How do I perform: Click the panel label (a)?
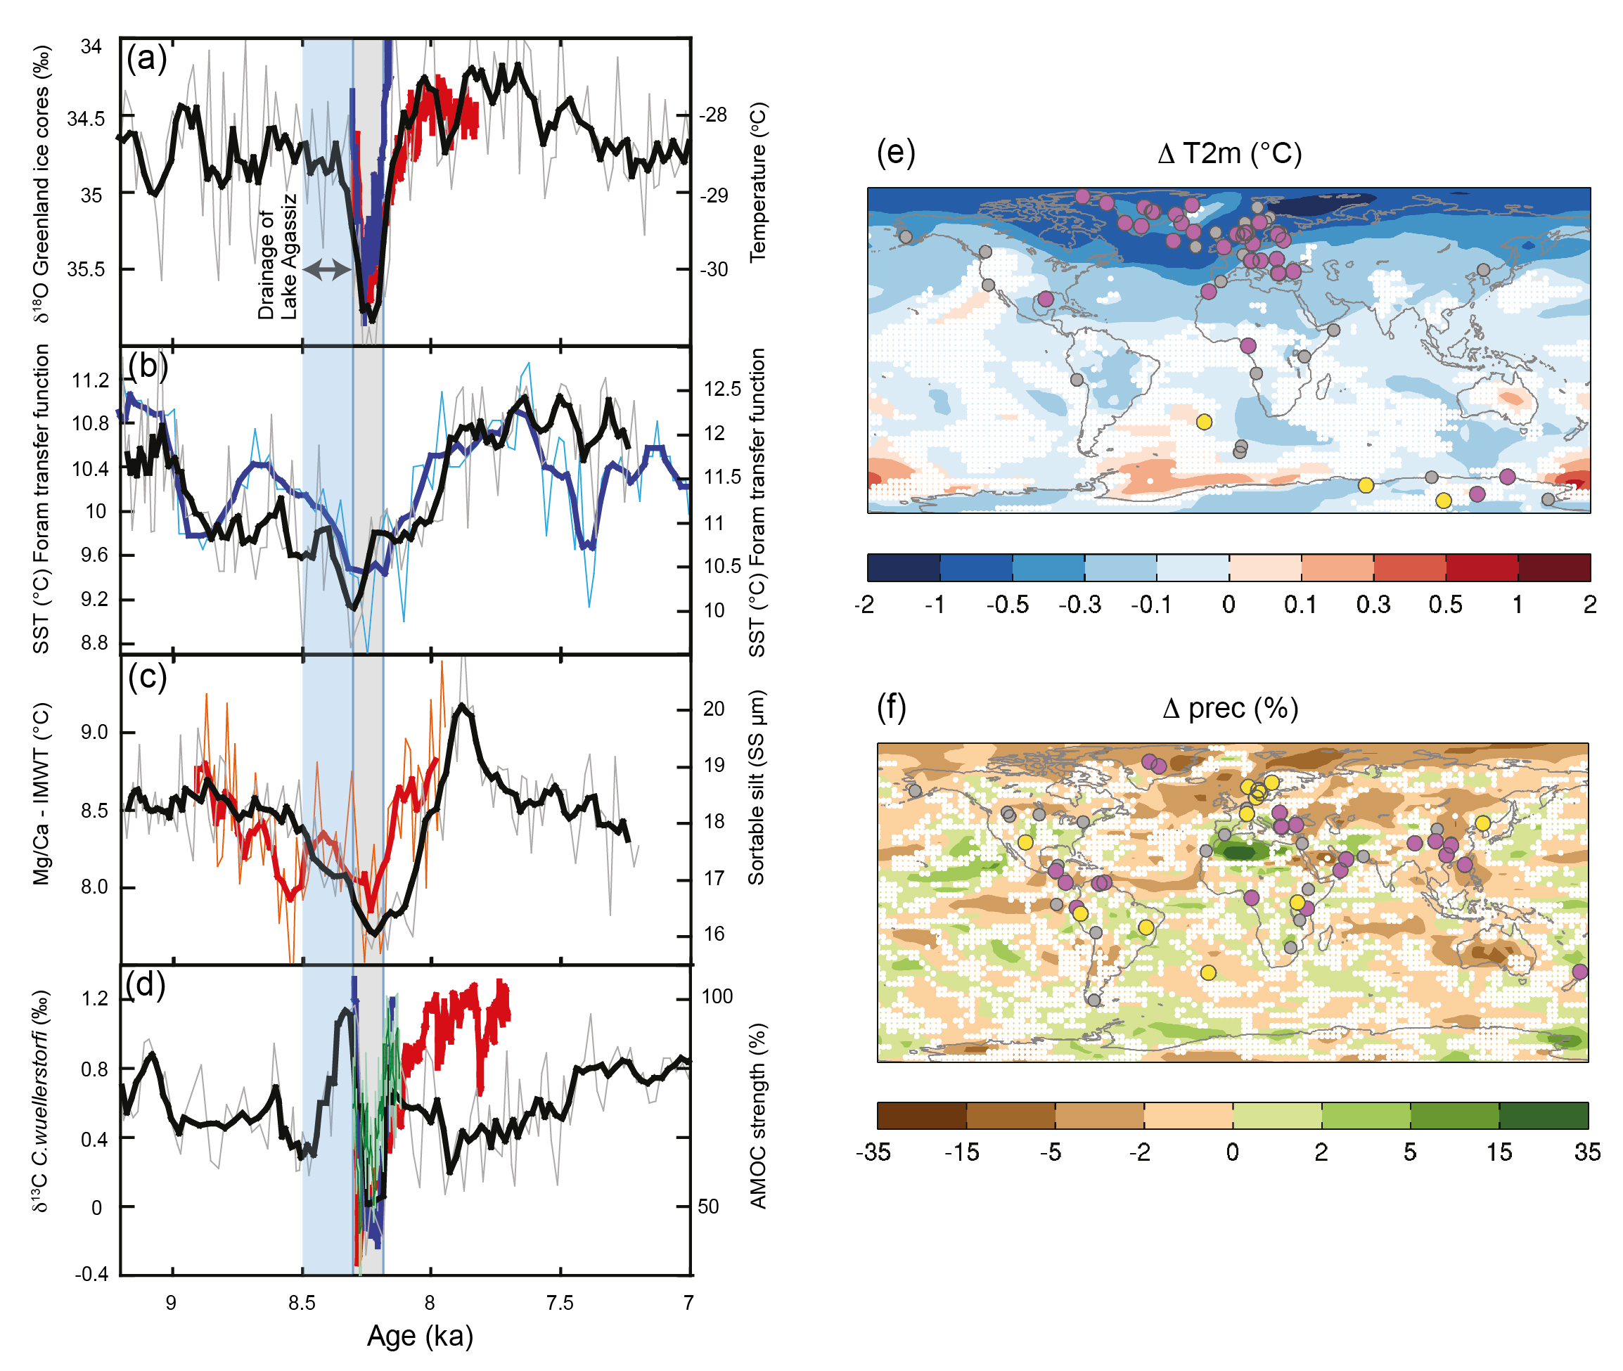point(146,58)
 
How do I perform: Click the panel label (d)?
point(146,985)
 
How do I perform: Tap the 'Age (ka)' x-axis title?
point(420,1335)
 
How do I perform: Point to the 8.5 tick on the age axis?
point(302,1303)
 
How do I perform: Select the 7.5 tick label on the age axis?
point(560,1303)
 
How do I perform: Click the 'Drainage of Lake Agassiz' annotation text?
point(278,257)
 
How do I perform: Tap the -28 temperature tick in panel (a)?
point(713,115)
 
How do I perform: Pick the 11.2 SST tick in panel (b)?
point(91,380)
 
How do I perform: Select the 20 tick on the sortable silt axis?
point(714,708)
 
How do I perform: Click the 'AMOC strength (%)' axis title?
point(758,1115)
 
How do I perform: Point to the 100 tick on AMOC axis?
point(717,996)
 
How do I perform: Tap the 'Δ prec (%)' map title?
point(1230,708)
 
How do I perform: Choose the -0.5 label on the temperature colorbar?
point(1008,604)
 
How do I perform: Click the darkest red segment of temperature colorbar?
point(1553,567)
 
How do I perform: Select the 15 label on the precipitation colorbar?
point(1499,1152)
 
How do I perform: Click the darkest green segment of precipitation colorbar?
point(1543,1115)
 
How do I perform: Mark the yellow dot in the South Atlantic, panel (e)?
point(1203,422)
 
